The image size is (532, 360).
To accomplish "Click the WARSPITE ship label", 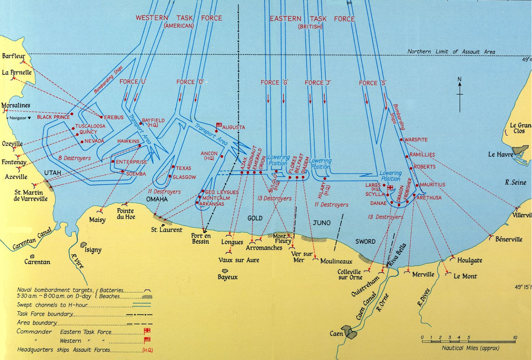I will click(x=416, y=140).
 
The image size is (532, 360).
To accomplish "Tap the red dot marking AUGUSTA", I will click(x=216, y=131).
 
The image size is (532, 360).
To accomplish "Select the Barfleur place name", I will click(x=13, y=56).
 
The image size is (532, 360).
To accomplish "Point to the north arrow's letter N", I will click(x=460, y=79).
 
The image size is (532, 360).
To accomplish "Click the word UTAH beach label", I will click(x=53, y=173).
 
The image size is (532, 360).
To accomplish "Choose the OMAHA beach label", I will click(x=157, y=199).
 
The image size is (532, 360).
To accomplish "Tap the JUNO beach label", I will click(x=321, y=223).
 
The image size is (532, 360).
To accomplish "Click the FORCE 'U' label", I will click(x=133, y=82).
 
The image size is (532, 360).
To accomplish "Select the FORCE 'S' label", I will click(x=373, y=83).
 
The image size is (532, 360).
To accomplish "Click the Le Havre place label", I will click(x=500, y=154).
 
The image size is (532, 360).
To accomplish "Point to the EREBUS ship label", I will click(x=114, y=117).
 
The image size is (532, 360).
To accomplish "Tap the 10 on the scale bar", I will click(x=515, y=337).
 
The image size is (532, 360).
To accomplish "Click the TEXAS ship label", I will click(x=183, y=168).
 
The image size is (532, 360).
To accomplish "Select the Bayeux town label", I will click(x=228, y=277).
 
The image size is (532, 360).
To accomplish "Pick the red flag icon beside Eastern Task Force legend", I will click(x=147, y=331).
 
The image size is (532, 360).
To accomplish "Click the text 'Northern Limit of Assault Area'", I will click(x=451, y=52).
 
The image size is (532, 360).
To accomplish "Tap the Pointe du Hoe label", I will click(x=126, y=214).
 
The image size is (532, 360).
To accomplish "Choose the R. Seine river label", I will click(x=516, y=182).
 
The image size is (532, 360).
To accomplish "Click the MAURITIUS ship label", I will click(x=432, y=185).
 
